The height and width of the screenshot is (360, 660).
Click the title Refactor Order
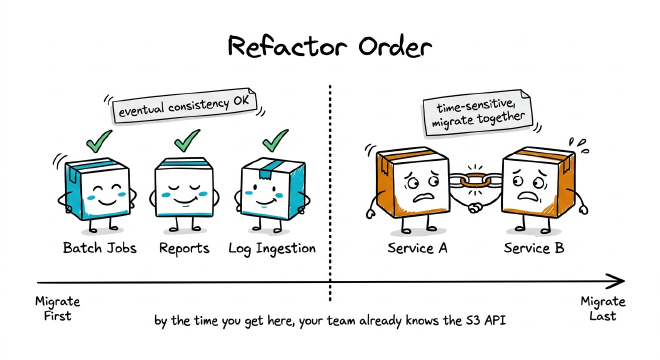coord(329,46)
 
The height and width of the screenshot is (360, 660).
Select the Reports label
coord(184,248)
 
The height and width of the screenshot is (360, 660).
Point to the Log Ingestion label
coord(272,248)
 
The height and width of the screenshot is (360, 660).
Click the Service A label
coord(416,248)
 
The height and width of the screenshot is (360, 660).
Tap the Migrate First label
coord(56,309)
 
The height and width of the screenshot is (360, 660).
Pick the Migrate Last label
coord(603,309)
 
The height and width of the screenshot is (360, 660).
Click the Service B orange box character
coord(537,186)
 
